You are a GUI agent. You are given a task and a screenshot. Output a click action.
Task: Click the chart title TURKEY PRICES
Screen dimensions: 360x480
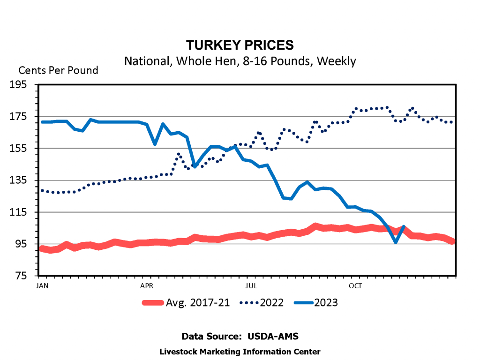click(240, 45)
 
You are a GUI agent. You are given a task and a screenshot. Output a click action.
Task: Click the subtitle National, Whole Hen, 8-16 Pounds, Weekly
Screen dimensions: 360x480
click(240, 61)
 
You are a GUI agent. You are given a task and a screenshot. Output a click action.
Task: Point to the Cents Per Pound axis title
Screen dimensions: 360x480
click(58, 70)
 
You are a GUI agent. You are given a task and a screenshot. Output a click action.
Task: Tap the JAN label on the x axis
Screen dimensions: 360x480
click(42, 285)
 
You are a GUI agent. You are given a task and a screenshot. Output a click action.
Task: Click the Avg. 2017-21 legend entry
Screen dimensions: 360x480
click(197, 303)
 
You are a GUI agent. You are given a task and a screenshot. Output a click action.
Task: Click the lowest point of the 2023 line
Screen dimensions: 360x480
click(396, 242)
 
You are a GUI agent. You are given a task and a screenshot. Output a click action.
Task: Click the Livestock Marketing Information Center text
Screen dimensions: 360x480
click(240, 352)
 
